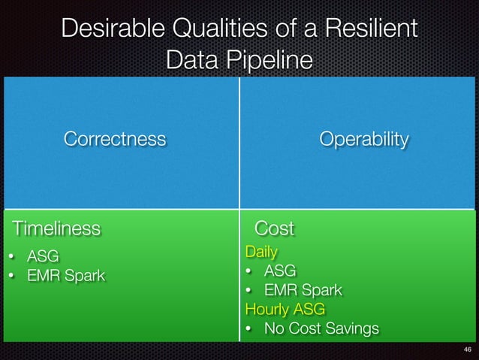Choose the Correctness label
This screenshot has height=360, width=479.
pos(115,139)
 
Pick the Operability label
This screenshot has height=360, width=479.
pos(364,139)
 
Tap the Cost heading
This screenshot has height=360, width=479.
pos(275,228)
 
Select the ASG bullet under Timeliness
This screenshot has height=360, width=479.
pos(43,256)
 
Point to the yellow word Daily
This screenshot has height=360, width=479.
pos(261,252)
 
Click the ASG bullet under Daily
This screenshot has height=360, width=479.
pos(279,271)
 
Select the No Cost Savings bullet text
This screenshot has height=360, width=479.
pos(321,328)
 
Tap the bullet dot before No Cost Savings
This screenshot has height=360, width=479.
pos(249,329)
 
